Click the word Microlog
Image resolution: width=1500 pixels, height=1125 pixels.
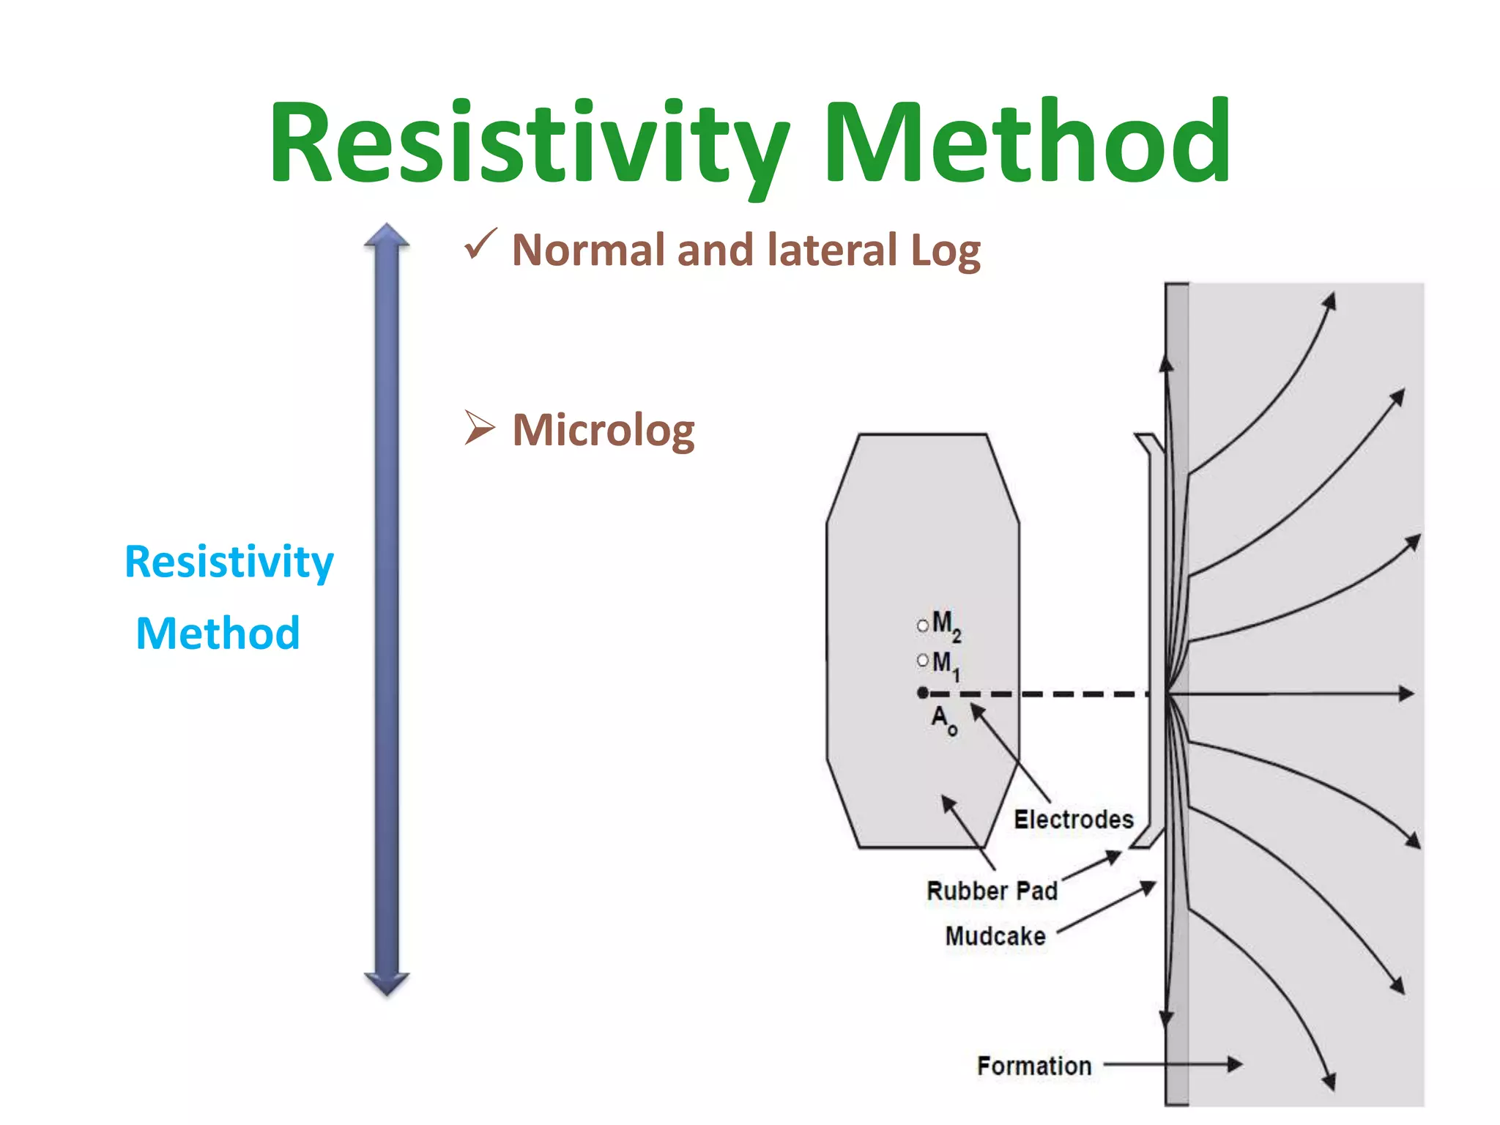pos(604,431)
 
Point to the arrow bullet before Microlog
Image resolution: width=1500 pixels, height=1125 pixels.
pos(480,428)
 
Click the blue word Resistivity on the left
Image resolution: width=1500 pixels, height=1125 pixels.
pos(229,562)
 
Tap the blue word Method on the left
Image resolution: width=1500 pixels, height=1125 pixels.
pos(218,633)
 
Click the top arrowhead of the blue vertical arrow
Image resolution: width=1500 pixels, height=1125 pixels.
pos(387,234)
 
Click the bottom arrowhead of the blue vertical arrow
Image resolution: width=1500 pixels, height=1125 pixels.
pos(387,984)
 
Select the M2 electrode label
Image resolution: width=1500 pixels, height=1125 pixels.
pos(946,625)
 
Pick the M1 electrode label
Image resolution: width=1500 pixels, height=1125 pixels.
pos(946,664)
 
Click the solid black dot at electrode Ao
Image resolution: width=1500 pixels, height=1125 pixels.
pos(923,693)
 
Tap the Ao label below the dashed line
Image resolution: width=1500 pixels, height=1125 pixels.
pos(943,719)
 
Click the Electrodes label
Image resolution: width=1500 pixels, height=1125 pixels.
pos(1073,820)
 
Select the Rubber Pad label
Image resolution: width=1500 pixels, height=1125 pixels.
pos(992,891)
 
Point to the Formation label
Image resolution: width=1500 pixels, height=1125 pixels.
pos(1034,1066)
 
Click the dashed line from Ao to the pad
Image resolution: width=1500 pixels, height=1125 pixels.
pos(1040,694)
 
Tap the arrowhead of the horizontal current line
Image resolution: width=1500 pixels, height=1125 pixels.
pos(1406,693)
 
